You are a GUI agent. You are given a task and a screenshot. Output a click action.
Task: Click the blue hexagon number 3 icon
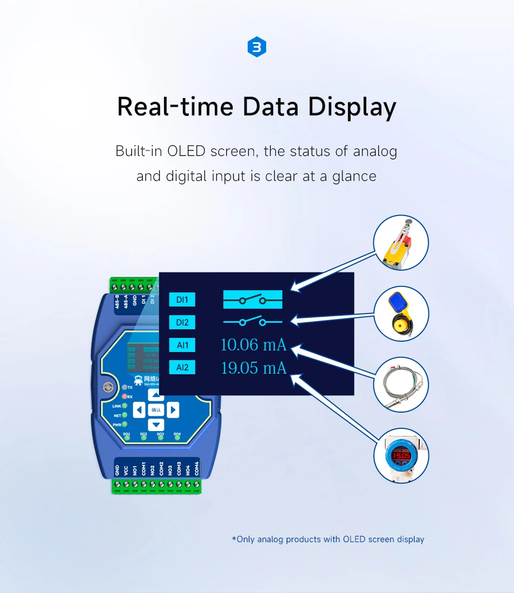pos(257,48)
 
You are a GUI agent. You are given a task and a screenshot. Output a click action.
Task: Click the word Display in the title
pos(352,107)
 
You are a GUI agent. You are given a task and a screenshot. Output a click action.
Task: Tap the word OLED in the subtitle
pos(186,151)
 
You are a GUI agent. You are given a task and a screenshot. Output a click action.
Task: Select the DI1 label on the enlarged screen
pos(182,299)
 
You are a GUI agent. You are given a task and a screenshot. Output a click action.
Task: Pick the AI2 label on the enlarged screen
pos(182,368)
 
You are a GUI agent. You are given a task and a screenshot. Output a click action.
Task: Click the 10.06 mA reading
pos(253,344)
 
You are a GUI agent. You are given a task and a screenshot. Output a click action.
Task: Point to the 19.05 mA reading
pos(253,368)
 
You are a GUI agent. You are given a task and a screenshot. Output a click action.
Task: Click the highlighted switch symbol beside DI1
pos(253,299)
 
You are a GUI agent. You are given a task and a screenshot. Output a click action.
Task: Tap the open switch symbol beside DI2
pos(253,322)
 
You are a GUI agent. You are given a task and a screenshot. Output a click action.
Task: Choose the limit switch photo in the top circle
pos(401,243)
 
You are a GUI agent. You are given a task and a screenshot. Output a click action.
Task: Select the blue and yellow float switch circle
pos(401,314)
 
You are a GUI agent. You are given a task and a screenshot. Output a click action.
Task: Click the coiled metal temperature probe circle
pos(401,386)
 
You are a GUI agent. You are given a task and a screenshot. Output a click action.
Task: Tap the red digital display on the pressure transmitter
pos(401,456)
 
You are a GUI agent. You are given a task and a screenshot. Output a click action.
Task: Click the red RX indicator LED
pos(124,396)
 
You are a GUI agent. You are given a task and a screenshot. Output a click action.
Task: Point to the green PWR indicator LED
pos(124,425)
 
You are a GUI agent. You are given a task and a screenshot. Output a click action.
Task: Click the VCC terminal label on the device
pos(126,469)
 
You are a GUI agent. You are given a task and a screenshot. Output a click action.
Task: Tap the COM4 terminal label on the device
pos(196,468)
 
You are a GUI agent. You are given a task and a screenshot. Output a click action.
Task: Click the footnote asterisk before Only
pos(234,538)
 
